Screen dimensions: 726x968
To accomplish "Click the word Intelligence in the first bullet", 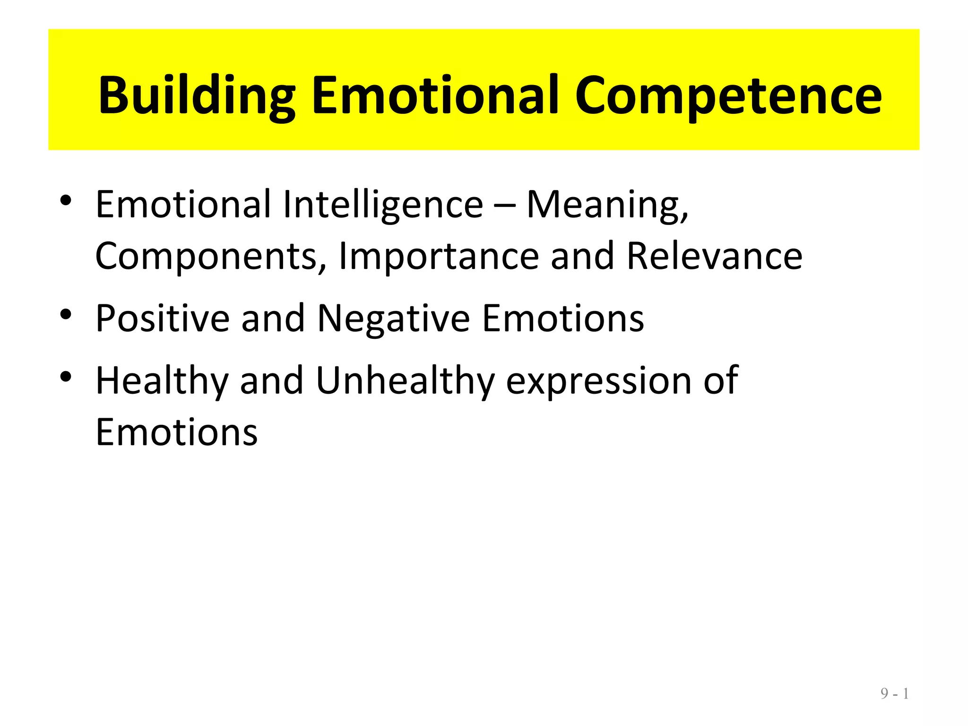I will [x=383, y=205].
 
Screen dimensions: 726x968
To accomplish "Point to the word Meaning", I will [x=607, y=205].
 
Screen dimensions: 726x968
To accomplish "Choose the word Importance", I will [x=439, y=256].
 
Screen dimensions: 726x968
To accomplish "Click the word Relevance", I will [x=714, y=256].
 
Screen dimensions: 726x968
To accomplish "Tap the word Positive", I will [x=162, y=318].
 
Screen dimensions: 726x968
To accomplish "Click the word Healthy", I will [x=162, y=381].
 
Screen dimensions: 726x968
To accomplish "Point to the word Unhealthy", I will [x=405, y=381].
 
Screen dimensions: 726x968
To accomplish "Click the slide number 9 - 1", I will [x=894, y=694].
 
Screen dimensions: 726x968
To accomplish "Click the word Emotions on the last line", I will [x=176, y=432].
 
